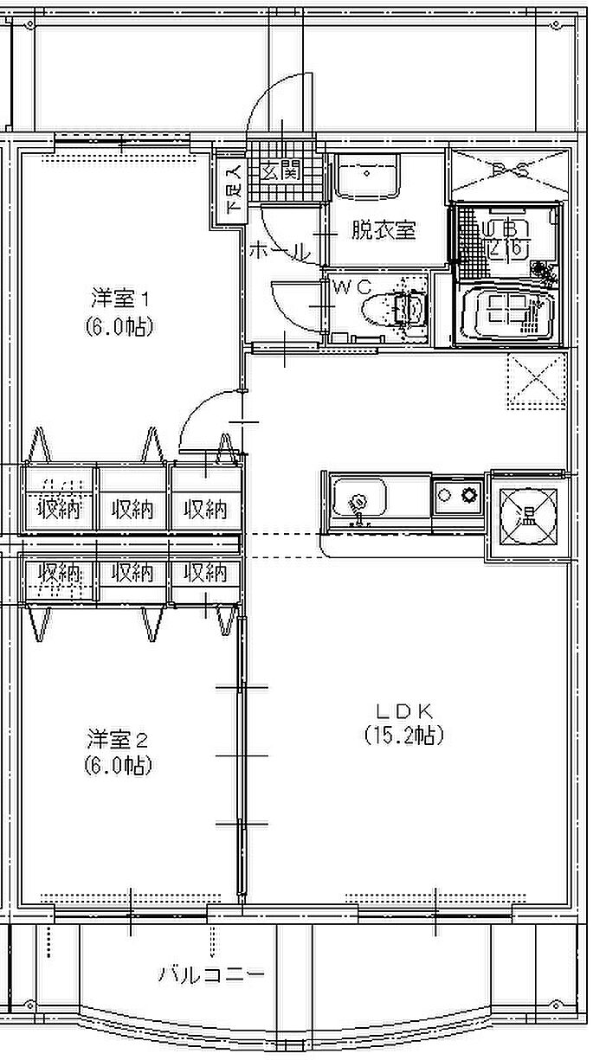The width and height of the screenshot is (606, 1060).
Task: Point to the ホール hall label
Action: pos(279,252)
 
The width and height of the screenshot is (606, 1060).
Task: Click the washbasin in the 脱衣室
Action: pos(367,176)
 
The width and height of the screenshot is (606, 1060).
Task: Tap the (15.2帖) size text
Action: pos(403,736)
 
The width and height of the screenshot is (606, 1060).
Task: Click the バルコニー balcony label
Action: pos(210,975)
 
